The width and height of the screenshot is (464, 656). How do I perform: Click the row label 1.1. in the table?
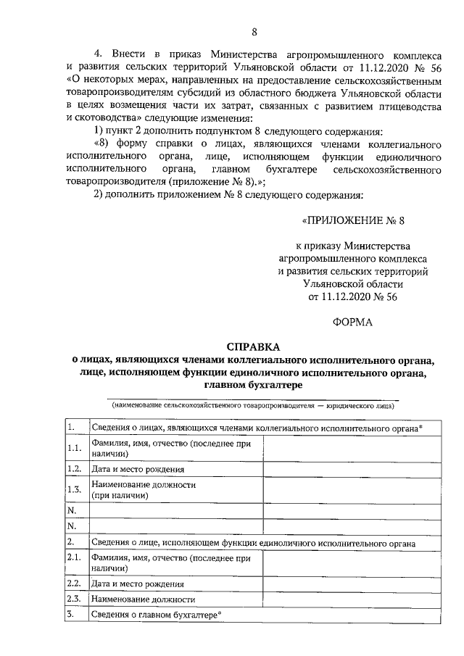coord(72,448)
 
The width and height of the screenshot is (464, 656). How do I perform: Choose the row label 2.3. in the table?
coord(72,599)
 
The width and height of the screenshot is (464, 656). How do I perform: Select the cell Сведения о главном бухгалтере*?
coord(155,615)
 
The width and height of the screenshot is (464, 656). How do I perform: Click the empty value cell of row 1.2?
coord(352,468)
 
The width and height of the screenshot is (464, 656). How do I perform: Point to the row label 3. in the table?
coord(70,615)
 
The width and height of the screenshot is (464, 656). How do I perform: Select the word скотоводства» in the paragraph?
coord(101,117)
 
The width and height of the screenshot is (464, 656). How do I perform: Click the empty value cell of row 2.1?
coord(352,564)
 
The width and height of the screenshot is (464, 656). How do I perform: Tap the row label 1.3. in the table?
coord(72,490)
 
